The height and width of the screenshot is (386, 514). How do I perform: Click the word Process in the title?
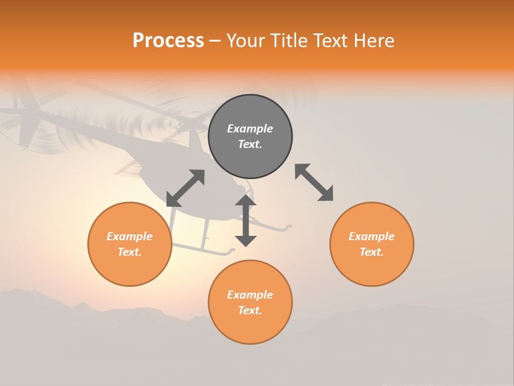point(168,41)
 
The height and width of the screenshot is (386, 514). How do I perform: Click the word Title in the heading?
point(286,41)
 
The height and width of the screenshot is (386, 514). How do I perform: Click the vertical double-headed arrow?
point(246,220)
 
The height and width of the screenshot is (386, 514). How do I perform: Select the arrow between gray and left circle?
point(185,188)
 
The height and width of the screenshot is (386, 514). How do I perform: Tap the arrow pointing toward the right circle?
point(314,183)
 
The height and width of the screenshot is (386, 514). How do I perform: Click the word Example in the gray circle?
point(250,129)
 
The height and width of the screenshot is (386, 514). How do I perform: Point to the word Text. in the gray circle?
point(250,144)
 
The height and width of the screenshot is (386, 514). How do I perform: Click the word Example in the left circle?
point(130,236)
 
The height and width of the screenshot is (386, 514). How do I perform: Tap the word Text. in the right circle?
point(372,252)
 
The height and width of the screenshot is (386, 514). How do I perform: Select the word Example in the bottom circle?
point(250,295)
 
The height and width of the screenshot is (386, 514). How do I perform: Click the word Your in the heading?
point(246,41)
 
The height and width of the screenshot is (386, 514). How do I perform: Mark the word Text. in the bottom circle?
point(250,310)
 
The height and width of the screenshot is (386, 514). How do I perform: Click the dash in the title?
point(215,41)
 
